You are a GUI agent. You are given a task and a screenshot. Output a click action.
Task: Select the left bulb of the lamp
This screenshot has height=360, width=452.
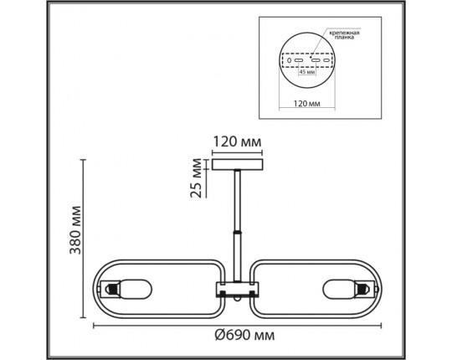click(x=120, y=290)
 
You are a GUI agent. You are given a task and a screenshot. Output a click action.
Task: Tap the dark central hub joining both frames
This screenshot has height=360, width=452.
click(x=239, y=291)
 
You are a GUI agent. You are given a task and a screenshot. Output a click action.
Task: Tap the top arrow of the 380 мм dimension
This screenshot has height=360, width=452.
click(x=83, y=160)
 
